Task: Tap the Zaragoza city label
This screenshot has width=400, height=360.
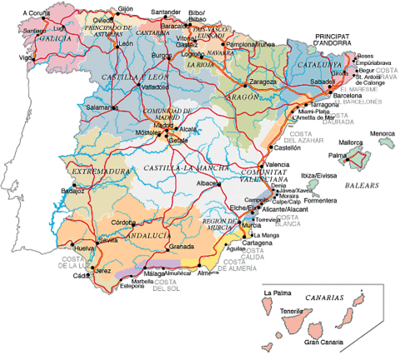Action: point(262,82)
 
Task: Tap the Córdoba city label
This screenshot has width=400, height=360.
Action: point(123,222)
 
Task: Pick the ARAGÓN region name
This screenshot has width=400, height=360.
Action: point(247,98)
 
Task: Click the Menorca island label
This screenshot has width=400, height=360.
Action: point(382,133)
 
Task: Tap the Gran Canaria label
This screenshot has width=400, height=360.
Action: point(324,342)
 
